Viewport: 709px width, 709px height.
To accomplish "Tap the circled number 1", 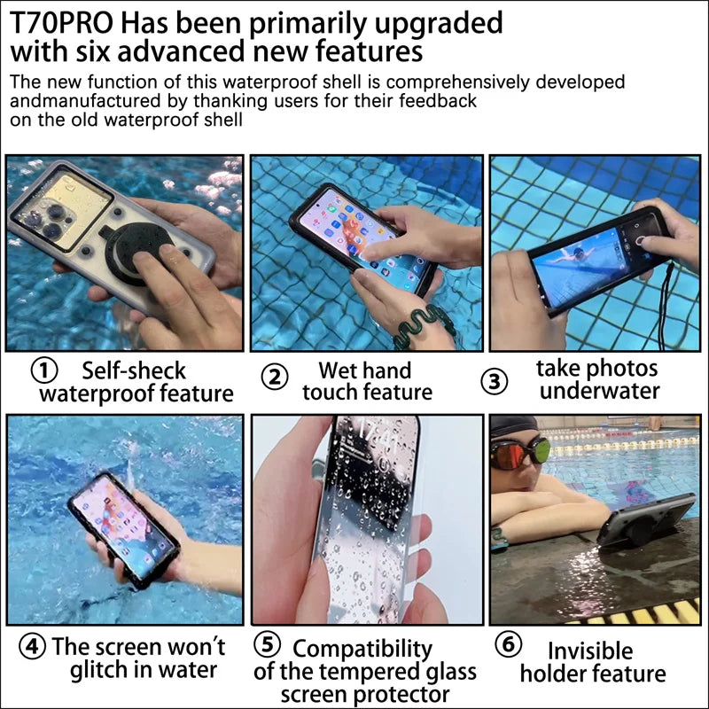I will [x=45, y=370].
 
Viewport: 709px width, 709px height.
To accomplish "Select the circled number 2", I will [x=274, y=377].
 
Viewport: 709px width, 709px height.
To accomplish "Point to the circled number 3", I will [x=495, y=380].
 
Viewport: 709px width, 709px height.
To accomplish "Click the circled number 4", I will [x=32, y=646].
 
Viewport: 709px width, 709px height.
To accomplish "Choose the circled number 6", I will [x=507, y=644].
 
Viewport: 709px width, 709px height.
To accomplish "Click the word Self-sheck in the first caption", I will [x=133, y=370].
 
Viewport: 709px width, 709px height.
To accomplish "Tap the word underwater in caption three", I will [x=600, y=391].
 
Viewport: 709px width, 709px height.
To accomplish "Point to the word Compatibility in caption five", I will [x=362, y=650].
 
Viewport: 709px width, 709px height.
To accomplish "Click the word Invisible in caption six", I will [x=590, y=651].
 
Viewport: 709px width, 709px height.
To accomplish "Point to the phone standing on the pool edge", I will [x=644, y=521].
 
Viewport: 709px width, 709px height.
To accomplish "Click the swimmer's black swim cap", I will [x=514, y=427].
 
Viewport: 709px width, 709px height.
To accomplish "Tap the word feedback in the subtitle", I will [x=432, y=101].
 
